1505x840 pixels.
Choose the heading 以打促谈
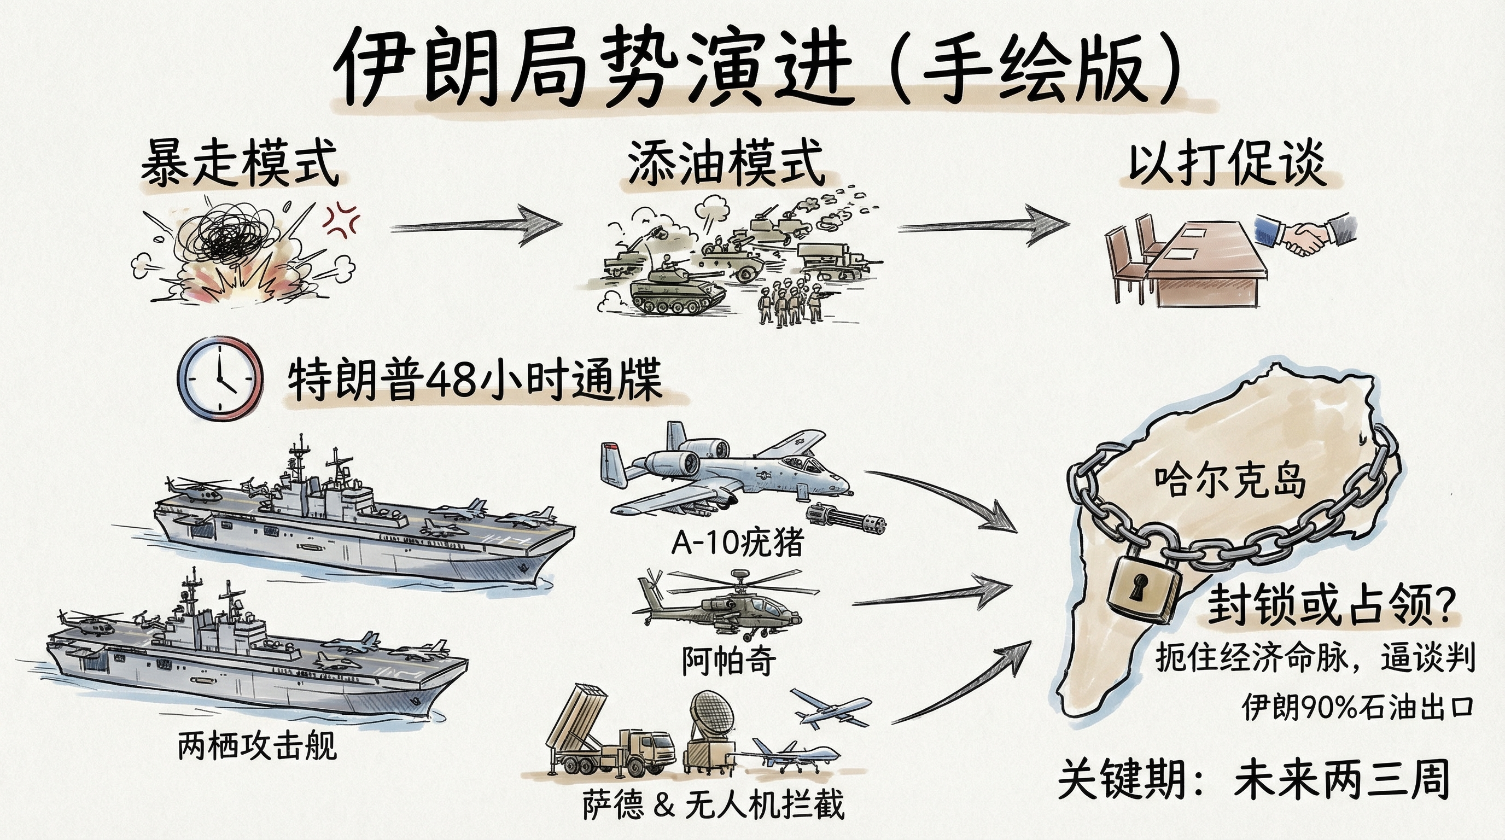1226,164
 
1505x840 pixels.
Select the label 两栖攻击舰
257,746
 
